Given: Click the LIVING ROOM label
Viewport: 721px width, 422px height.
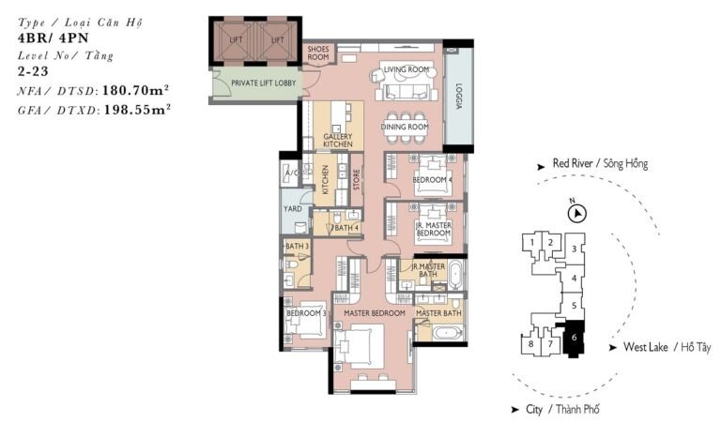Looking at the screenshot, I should click(406, 69).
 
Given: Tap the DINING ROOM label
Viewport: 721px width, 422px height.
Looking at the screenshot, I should click(405, 127).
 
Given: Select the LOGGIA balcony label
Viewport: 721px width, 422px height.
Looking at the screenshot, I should click(459, 98).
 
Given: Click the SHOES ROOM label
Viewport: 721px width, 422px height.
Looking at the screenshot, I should click(318, 54).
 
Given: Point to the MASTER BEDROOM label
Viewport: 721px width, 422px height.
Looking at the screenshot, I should click(374, 313).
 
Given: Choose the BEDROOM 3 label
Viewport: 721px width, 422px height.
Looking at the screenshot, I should click(306, 313).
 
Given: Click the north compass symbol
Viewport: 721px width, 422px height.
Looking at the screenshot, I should click(575, 214).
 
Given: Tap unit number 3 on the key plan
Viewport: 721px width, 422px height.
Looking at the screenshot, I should click(575, 249).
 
